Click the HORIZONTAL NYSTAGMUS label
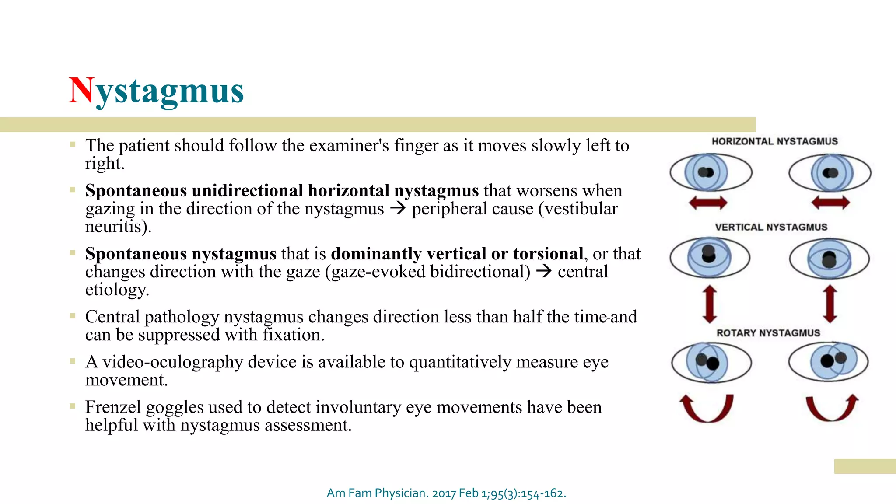tap(774, 141)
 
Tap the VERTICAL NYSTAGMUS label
tap(771, 227)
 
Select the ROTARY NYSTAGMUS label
tap(768, 333)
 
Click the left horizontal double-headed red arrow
tap(708, 203)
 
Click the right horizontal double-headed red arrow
tap(830, 203)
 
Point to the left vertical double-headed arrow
tap(709, 304)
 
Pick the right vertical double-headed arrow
tap(829, 304)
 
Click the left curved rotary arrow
tap(706, 409)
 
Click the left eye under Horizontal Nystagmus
tap(710, 172)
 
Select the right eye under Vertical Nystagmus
tap(829, 259)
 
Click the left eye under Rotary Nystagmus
tap(711, 362)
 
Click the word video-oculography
tap(172, 363)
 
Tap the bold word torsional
tap(548, 254)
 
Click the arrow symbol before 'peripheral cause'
tap(398, 208)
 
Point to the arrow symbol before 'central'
tap(544, 271)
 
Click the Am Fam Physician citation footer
tap(446, 493)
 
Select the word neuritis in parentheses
tap(115, 227)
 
